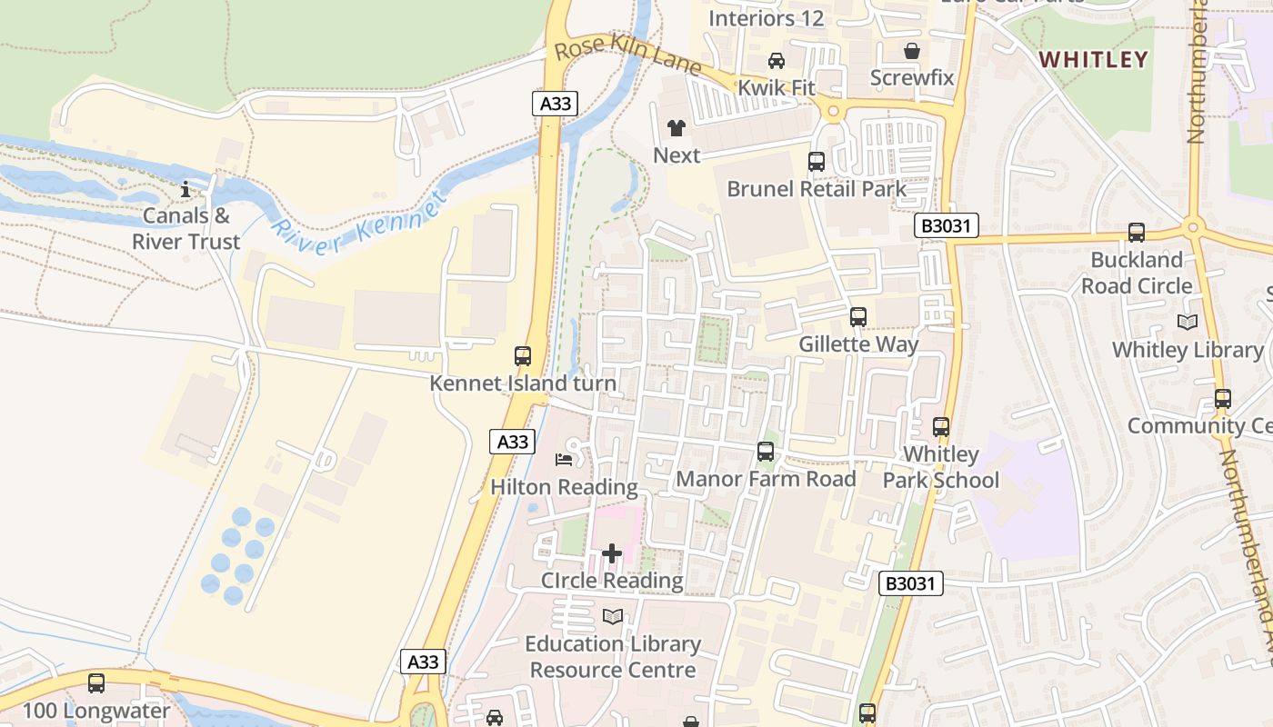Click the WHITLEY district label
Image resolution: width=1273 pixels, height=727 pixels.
click(x=1094, y=60)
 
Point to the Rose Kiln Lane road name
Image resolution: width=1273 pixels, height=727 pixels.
click(x=627, y=55)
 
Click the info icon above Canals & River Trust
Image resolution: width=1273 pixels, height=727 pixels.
click(x=185, y=189)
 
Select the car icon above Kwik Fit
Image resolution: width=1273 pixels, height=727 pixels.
click(x=776, y=61)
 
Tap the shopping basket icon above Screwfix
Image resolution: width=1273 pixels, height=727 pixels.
click(x=911, y=51)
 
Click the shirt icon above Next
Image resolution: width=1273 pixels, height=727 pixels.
click(x=676, y=128)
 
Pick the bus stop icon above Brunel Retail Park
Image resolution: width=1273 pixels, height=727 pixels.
click(x=816, y=162)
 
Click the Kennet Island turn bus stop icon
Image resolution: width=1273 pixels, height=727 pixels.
click(x=522, y=356)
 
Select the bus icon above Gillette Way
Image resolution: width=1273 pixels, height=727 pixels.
click(x=857, y=317)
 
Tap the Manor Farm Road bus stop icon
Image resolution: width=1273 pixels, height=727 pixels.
click(x=765, y=452)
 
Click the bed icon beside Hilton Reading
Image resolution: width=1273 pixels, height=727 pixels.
click(x=564, y=460)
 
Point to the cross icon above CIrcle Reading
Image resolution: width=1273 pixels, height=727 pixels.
click(x=612, y=553)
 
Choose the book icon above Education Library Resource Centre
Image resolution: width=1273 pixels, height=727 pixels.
click(x=613, y=617)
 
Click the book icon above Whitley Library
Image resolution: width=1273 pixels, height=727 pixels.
click(x=1187, y=322)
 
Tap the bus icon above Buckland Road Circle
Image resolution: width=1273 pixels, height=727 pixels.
click(x=1136, y=233)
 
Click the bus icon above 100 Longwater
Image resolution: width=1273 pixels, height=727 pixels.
click(x=95, y=683)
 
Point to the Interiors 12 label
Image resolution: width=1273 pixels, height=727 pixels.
click(x=766, y=18)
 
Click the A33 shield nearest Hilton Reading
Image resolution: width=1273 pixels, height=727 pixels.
click(x=513, y=442)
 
